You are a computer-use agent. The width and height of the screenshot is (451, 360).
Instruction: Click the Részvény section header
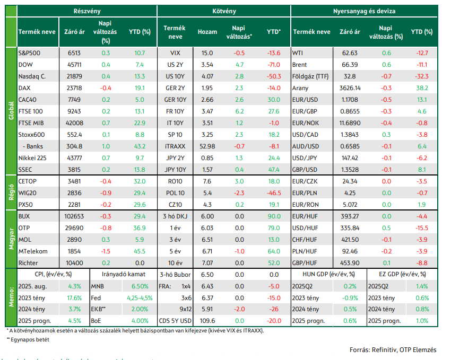pos(87,11)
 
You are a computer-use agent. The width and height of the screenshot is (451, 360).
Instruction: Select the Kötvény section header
pos(224,11)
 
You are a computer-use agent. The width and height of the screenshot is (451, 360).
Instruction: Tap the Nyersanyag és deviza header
pos(364,11)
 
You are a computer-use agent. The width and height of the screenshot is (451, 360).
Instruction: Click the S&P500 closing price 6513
pos(74,53)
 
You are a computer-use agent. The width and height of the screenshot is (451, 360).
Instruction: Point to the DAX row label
pos(24,88)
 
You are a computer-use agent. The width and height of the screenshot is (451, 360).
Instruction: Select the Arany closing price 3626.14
pos(350,88)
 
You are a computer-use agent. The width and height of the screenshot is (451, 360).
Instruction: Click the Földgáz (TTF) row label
pos(310,76)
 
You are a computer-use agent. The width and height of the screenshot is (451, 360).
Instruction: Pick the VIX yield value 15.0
pos(207,53)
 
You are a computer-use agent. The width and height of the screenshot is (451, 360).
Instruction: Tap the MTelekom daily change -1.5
pos(106,251)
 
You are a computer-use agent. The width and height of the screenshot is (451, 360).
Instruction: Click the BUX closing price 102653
pos(74,216)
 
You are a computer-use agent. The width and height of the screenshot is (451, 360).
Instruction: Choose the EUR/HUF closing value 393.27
pos(350,216)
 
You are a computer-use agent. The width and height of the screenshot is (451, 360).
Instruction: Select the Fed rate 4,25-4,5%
pos(140,298)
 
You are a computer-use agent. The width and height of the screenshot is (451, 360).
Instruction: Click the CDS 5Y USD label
pos(175,321)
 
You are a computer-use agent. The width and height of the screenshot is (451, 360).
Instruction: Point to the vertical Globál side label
pos(11,111)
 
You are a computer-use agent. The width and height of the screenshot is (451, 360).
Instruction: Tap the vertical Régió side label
pos(11,192)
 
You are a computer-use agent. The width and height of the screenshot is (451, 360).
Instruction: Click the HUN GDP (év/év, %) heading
pos(328,275)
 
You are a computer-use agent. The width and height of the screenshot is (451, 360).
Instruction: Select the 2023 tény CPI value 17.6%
pos(74,298)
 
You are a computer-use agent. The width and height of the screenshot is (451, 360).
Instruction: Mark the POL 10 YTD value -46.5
pos(274,193)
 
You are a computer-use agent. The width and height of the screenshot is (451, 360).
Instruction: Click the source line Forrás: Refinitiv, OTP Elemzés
pos(393,350)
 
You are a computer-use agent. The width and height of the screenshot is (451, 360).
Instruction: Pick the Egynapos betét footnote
pos(28,340)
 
